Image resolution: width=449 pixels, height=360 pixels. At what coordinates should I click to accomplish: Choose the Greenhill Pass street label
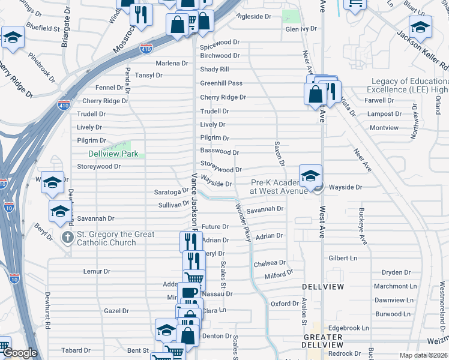click(x=221, y=83)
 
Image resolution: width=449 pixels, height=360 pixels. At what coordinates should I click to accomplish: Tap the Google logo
click(x=20, y=353)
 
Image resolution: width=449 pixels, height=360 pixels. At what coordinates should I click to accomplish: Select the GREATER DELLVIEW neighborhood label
click(x=323, y=341)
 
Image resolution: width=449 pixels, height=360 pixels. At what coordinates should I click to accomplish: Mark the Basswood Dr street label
click(x=220, y=152)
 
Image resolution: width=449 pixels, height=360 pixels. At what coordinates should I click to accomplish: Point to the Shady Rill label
click(x=215, y=70)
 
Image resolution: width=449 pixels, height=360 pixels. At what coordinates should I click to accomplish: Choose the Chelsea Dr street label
click(x=269, y=263)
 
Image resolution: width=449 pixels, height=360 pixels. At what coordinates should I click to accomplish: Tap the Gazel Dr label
click(x=116, y=311)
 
